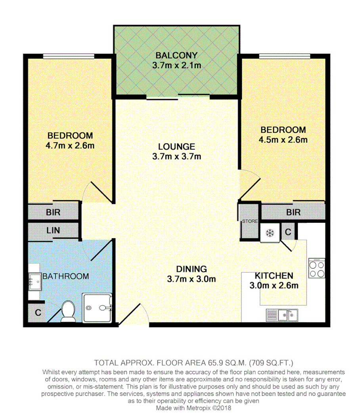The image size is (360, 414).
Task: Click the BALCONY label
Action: (176, 55)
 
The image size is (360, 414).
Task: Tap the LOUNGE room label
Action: (176, 146)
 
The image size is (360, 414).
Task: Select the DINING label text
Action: (192, 268)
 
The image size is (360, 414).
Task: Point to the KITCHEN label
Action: (274, 276)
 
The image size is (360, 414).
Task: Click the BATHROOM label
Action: (65, 276)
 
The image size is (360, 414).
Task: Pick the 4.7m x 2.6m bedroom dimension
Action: (70, 145)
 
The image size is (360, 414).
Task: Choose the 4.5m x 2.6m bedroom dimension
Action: (283, 140)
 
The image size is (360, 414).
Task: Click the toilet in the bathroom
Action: (69, 311)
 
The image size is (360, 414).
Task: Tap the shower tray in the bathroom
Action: (98, 308)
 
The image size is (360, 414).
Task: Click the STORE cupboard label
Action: (250, 221)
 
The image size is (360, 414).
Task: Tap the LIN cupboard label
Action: (53, 230)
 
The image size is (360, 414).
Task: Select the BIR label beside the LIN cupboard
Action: (53, 212)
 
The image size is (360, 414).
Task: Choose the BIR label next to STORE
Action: (293, 212)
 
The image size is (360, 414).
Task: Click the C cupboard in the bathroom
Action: (38, 312)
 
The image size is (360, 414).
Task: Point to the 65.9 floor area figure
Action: (217, 362)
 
